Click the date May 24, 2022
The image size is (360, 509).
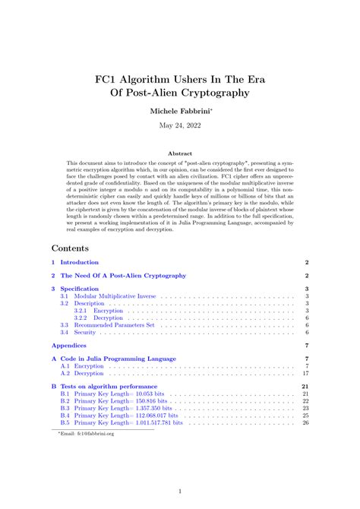coord(180,127)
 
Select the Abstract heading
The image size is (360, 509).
coord(180,153)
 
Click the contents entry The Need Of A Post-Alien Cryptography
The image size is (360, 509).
coord(123,276)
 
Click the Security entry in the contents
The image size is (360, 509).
coord(85,332)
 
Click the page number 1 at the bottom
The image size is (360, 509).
coord(180,492)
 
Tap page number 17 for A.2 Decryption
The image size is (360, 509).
coord(305,373)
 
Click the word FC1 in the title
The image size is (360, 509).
coord(110,77)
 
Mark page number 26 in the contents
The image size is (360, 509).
coord(305,422)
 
